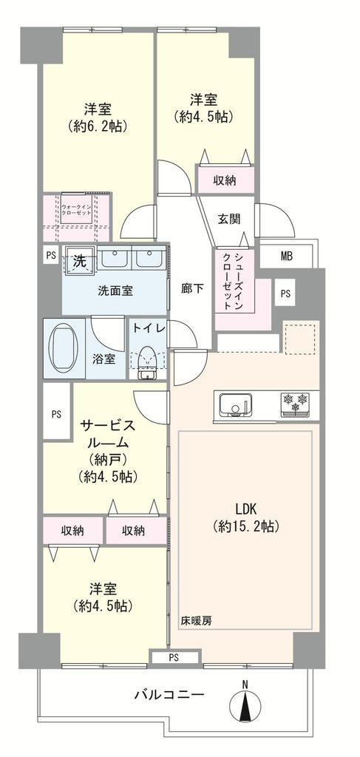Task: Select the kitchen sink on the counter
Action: point(236,404)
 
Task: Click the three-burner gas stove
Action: point(295,404)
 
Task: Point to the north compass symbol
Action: point(245,702)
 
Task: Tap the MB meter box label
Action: point(287,257)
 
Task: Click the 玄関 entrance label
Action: point(228,219)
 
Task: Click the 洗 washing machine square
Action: point(79,262)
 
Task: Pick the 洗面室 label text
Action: point(115,291)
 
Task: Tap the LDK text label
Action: point(245,509)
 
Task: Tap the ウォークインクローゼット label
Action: point(78,209)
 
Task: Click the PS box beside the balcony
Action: point(174,657)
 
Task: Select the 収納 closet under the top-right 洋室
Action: point(225,180)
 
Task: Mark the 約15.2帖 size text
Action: point(246,527)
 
